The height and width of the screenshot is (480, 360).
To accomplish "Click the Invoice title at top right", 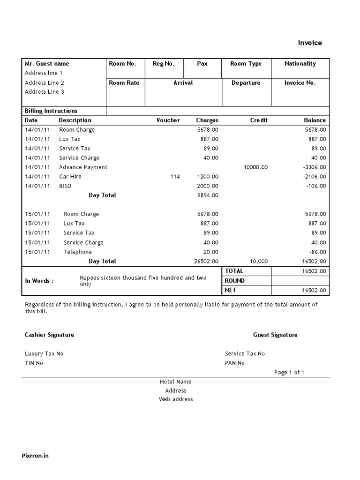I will tap(310, 43).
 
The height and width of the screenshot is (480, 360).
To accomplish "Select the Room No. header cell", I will tap(122, 64).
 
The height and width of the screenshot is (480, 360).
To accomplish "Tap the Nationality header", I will tap(300, 64).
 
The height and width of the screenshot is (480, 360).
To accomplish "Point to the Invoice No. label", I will tap(300, 83).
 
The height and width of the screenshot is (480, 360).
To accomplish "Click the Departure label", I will tap(246, 83).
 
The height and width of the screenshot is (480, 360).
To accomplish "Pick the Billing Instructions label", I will tap(51, 111).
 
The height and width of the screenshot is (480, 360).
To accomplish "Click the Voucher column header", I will tap(168, 120).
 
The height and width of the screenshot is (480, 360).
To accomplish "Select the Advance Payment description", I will tap(83, 167).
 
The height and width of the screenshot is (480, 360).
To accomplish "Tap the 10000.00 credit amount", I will tap(255, 167).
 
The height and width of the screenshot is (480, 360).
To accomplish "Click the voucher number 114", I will tap(175, 177).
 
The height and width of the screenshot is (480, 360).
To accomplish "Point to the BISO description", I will tap(65, 186).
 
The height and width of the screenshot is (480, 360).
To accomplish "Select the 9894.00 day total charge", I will tap(208, 195).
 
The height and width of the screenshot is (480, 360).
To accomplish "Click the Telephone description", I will tap(78, 252).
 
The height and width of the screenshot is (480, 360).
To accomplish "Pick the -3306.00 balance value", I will tap(315, 167).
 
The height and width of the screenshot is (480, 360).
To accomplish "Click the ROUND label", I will tap(234, 281).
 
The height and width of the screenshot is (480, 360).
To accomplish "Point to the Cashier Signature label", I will tap(49, 335).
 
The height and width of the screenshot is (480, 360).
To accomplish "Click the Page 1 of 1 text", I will tap(289, 373).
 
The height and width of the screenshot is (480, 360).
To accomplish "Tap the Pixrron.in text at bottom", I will tap(35, 456).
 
